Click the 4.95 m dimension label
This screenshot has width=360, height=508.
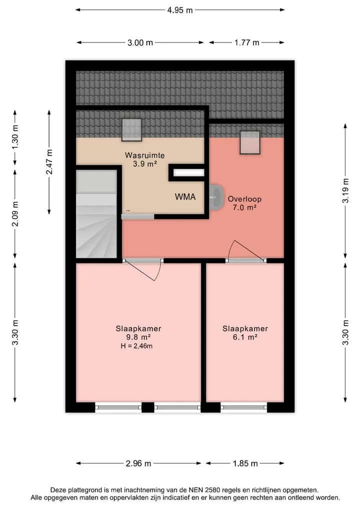(x=180, y=10)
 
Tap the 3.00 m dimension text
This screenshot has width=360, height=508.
(x=140, y=43)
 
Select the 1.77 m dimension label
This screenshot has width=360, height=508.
(x=247, y=43)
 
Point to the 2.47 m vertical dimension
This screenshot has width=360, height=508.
(x=49, y=162)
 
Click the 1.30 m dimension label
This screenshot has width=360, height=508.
(x=15, y=136)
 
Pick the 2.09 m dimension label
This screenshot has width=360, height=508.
(x=15, y=214)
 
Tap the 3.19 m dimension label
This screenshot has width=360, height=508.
(x=345, y=191)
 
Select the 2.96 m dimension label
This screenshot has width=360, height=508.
(x=138, y=464)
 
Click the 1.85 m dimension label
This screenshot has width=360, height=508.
(x=245, y=464)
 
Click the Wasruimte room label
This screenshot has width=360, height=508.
(x=144, y=155)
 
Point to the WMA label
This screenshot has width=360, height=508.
(x=185, y=197)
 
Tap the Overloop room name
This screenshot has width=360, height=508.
(x=244, y=199)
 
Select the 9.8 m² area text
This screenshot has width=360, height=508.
(x=138, y=337)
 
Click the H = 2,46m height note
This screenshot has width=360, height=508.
(x=136, y=346)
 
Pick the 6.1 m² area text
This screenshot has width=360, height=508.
(x=245, y=337)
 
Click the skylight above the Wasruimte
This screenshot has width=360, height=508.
(x=131, y=130)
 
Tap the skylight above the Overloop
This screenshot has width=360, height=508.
(x=250, y=142)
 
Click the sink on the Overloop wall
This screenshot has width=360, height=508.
(x=215, y=197)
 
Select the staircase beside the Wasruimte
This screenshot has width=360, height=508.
(x=96, y=214)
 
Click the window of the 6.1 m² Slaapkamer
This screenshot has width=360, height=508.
(x=244, y=407)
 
